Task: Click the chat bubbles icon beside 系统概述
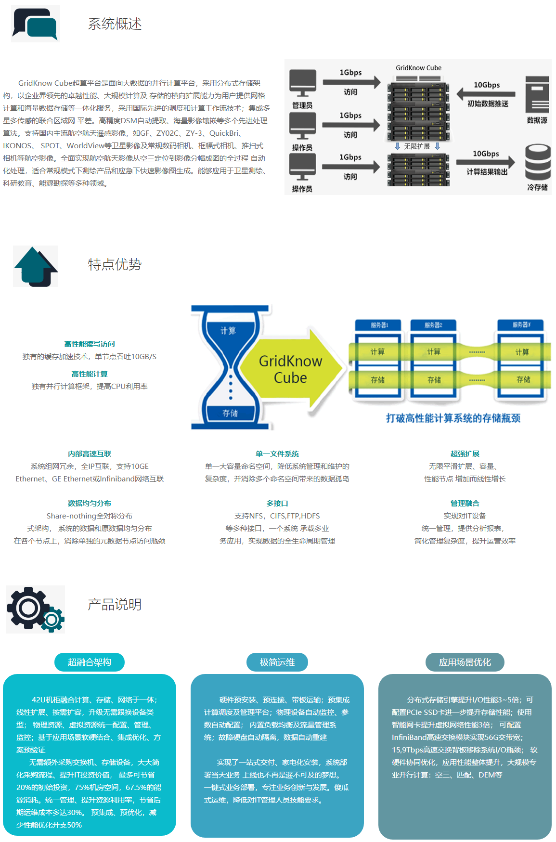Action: [35, 24]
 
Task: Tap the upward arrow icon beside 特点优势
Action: [36, 266]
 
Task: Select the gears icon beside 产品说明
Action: [35, 609]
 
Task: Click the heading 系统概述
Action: [115, 24]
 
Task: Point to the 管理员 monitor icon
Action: [303, 83]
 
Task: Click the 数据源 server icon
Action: [537, 94]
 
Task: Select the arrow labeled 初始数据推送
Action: [486, 93]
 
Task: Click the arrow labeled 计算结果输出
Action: [486, 162]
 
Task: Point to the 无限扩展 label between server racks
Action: [417, 146]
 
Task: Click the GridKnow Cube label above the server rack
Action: [418, 68]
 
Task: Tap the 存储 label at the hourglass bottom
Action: [230, 413]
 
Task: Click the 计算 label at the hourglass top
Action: [228, 331]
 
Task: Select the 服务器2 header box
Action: [433, 325]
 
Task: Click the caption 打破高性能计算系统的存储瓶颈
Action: [453, 418]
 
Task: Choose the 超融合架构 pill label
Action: [90, 662]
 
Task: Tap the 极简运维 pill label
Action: [277, 662]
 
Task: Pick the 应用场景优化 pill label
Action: [465, 662]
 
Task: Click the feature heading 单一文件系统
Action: [277, 453]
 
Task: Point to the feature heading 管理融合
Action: [465, 503]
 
